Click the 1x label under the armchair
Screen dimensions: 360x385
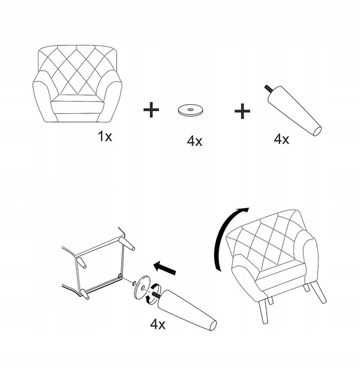coord(105,136)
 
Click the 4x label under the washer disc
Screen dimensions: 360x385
coord(194,141)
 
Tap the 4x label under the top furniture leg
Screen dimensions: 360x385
coord(281,139)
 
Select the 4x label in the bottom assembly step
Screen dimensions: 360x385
coord(158,324)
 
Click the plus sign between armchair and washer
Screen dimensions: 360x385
coord(151,110)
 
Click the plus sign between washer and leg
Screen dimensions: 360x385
coord(242,111)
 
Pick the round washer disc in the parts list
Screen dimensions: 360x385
coord(191,110)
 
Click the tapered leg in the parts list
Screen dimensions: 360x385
coord(293,111)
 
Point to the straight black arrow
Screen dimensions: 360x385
coord(165,268)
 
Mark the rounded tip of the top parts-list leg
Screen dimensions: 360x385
coord(318,131)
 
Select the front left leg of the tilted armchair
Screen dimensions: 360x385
coord(263,311)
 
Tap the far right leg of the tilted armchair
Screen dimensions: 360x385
coord(318,292)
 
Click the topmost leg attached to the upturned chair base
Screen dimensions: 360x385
coord(127,244)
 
